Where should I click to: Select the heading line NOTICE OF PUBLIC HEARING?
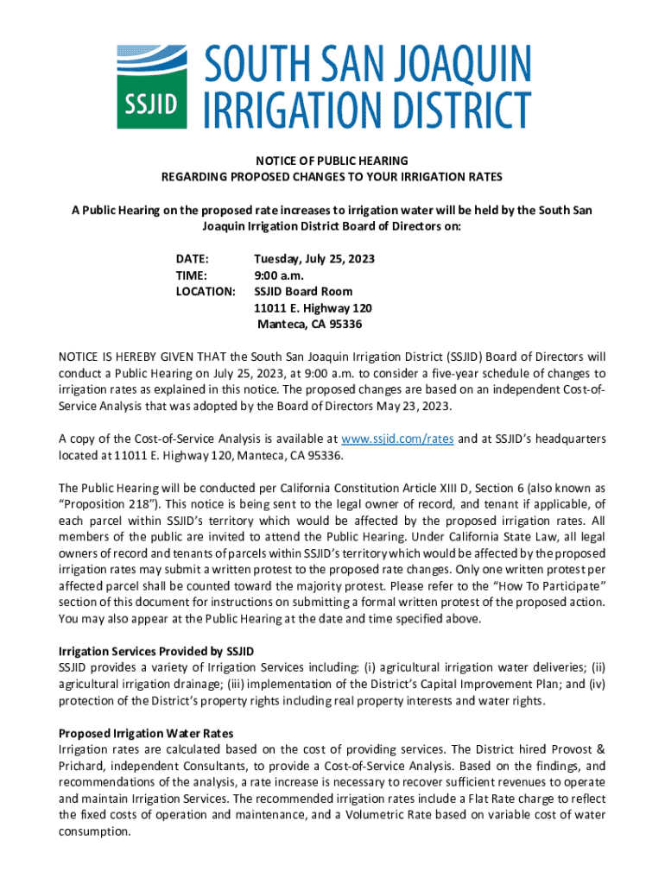332,161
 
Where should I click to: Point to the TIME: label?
191,275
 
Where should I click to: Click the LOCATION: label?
206,292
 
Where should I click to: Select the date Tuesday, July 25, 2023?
313,259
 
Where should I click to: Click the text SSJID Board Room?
303,292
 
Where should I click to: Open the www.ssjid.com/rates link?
398,439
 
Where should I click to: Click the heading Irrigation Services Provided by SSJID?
155,651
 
